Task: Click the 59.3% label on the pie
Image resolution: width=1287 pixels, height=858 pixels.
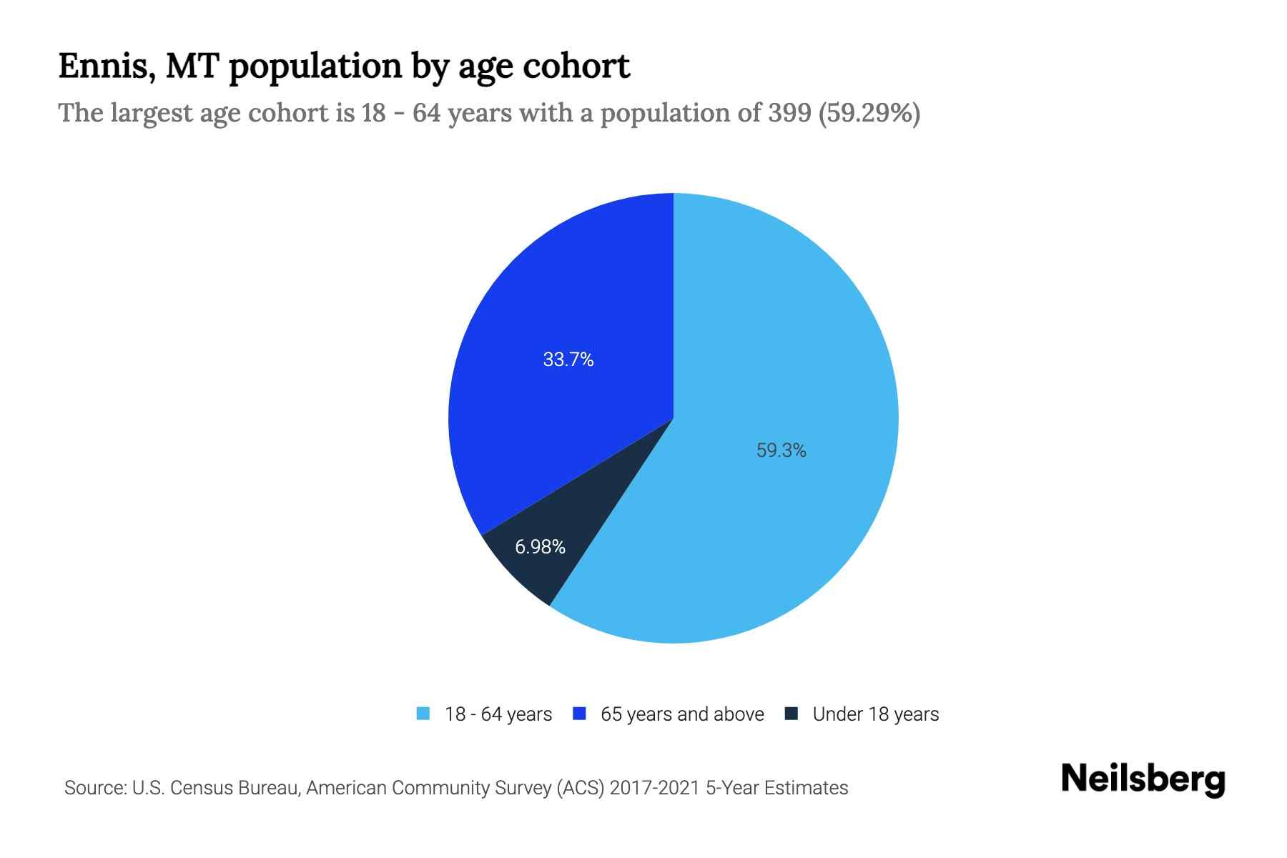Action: click(781, 450)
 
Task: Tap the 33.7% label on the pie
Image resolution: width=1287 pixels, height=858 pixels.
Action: click(568, 360)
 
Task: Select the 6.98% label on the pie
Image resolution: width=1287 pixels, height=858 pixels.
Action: click(540, 547)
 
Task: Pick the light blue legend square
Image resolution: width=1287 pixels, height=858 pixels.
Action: click(423, 714)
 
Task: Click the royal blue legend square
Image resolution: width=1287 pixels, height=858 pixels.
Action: click(580, 714)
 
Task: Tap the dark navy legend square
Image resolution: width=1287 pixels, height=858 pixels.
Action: click(792, 714)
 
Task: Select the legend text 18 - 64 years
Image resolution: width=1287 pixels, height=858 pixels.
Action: click(498, 714)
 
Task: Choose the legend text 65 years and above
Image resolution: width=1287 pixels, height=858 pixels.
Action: click(682, 714)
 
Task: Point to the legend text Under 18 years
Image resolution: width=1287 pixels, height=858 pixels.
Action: click(875, 714)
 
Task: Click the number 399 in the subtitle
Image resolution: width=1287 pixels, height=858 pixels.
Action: click(789, 113)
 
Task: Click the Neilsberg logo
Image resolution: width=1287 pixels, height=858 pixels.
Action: click(1143, 779)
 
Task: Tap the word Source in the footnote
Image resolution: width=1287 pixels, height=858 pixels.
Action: click(93, 788)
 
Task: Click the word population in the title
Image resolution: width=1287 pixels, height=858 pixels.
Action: click(315, 66)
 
